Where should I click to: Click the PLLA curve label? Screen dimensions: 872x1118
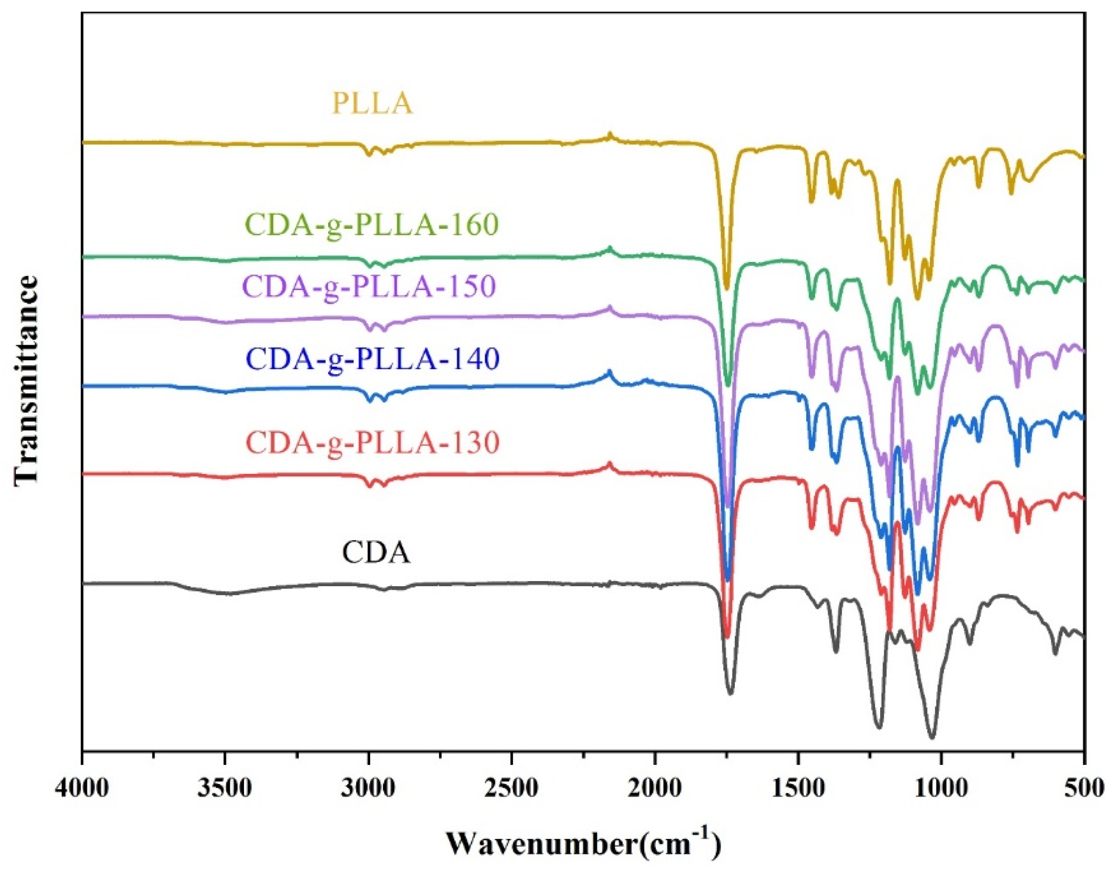click(x=373, y=104)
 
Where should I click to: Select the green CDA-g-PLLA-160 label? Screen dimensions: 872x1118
click(x=373, y=225)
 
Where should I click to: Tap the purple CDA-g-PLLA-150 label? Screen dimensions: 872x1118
click(x=370, y=287)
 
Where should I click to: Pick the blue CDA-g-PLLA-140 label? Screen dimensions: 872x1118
click(x=373, y=359)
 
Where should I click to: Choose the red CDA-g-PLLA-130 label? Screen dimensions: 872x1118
click(x=373, y=443)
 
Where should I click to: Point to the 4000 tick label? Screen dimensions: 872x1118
click(x=82, y=786)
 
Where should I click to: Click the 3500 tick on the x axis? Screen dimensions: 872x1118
click(x=225, y=786)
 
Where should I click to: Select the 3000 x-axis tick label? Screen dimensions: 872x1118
click(x=369, y=786)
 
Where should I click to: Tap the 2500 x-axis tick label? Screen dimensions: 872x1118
click(x=512, y=786)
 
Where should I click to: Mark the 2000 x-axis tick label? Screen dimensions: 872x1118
click(x=655, y=786)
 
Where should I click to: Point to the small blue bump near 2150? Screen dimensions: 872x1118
click(x=609, y=371)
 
